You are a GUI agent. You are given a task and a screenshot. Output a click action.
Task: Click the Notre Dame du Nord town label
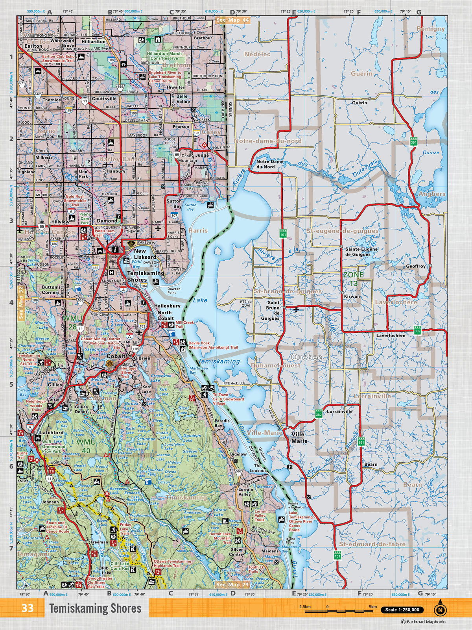pyautogui.click(x=270, y=164)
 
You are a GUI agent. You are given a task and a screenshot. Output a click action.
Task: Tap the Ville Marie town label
pyautogui.click(x=299, y=437)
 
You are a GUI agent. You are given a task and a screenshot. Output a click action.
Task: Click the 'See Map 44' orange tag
pyautogui.click(x=233, y=20)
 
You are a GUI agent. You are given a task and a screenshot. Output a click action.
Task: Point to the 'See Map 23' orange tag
pyautogui.click(x=232, y=585)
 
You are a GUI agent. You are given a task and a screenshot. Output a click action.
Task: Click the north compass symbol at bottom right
pyautogui.click(x=440, y=610)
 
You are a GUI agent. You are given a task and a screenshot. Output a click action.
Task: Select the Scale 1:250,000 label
pyautogui.click(x=402, y=610)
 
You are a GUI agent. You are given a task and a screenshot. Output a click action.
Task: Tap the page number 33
pyautogui.click(x=28, y=608)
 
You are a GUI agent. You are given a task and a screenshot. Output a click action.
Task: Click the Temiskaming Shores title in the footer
pyautogui.click(x=95, y=608)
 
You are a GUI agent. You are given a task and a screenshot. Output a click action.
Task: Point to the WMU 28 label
pyautogui.click(x=72, y=321)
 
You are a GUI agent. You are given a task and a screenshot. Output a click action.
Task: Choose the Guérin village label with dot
pyautogui.click(x=360, y=103)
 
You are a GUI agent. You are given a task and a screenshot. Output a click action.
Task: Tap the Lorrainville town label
pyautogui.click(x=339, y=411)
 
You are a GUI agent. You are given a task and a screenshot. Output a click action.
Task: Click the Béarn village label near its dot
pyautogui.click(x=371, y=465)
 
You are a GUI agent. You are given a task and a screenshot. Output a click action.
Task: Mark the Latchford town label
pyautogui.click(x=52, y=432)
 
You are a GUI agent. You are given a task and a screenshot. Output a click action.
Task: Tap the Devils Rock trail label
pyautogui.click(x=213, y=345)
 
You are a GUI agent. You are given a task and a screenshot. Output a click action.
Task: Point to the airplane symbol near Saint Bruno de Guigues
pyautogui.click(x=296, y=309)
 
